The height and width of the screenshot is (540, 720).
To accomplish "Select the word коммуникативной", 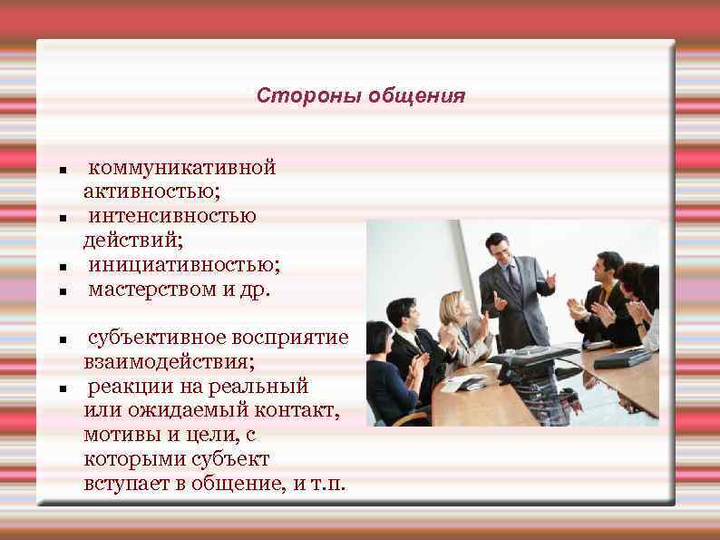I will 181,167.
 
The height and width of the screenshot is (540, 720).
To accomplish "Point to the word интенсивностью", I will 171,216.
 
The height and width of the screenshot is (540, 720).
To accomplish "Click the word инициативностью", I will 183,265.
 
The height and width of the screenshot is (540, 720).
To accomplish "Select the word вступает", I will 123,483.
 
